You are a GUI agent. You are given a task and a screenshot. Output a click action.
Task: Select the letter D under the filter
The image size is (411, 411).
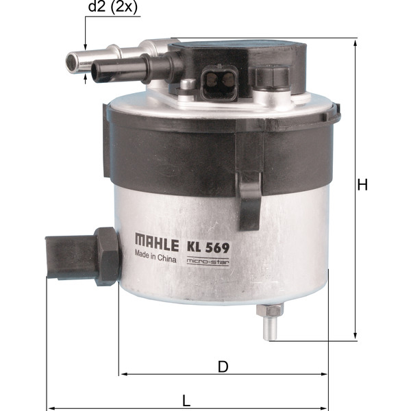[x=223, y=366]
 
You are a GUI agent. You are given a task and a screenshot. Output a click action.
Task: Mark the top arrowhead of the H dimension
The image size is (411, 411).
[x=356, y=42]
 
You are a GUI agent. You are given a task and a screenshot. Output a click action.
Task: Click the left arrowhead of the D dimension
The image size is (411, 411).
[x=123, y=374]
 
